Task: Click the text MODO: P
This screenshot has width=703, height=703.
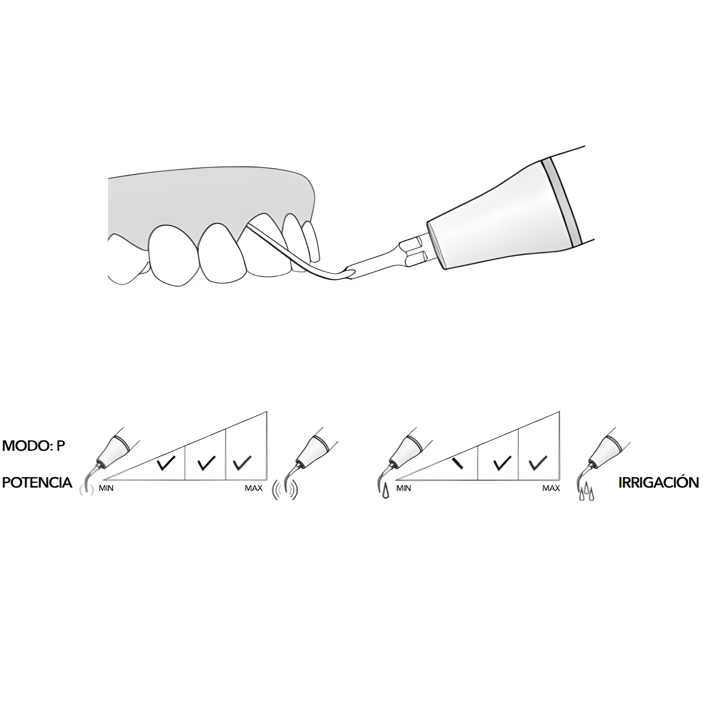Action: click(34, 446)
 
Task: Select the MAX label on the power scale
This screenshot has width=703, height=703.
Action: click(254, 488)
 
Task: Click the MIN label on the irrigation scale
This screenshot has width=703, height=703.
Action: click(404, 488)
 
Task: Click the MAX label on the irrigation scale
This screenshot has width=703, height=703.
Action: click(551, 488)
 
